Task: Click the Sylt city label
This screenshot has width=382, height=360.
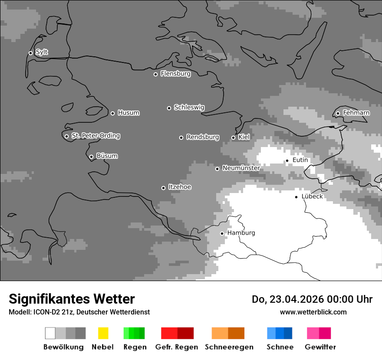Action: coord(42,52)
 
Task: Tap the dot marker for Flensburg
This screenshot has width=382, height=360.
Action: coord(155,74)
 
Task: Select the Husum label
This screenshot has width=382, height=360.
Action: coord(128,113)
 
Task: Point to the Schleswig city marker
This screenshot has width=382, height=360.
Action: coord(169,108)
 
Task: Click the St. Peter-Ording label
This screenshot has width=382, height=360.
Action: coord(95,136)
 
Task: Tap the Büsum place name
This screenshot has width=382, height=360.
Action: coord(107,156)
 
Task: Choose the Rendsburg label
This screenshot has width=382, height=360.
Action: coord(203,137)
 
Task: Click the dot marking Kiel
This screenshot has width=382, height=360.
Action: coord(233,137)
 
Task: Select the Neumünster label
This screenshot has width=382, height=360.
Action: coord(241,168)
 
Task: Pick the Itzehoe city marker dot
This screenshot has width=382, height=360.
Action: coord(163,188)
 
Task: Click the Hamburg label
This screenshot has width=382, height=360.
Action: coord(241,233)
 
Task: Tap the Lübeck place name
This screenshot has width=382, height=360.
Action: coord(312,196)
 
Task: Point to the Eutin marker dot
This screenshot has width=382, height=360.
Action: coord(287,160)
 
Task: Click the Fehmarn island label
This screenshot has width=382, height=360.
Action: coord(356,113)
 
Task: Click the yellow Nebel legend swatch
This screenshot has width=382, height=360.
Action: coord(103,333)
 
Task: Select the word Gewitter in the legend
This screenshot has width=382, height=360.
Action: coord(320,347)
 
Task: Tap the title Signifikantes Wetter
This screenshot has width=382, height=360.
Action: coord(72,299)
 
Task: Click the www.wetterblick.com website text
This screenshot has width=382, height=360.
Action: coord(313,312)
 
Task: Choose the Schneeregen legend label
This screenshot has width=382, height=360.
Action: coord(229,347)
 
